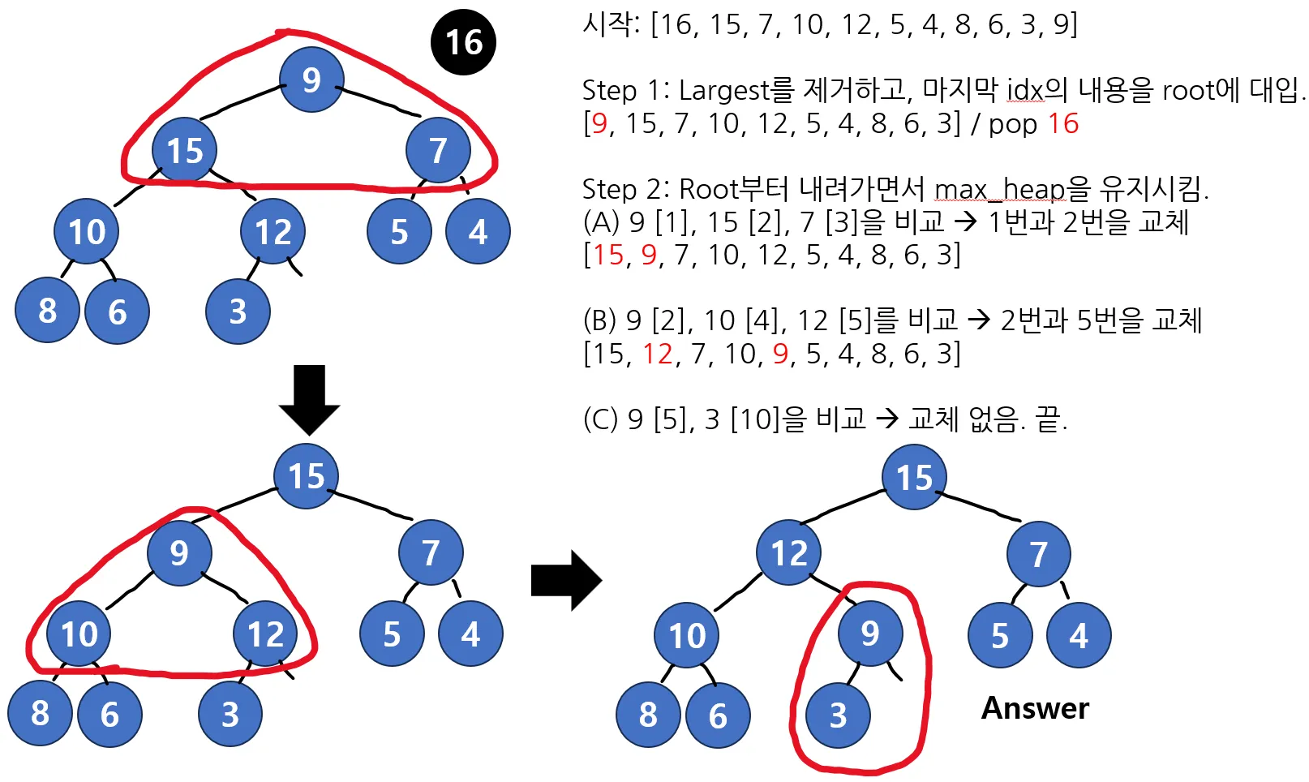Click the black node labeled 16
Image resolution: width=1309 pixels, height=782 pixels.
pyautogui.click(x=463, y=42)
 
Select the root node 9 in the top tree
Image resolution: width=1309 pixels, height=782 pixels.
pyautogui.click(x=311, y=79)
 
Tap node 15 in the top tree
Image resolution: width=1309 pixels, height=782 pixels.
pyautogui.click(x=184, y=151)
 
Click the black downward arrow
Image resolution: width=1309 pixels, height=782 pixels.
pyautogui.click(x=309, y=399)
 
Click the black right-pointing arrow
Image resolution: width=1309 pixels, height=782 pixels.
pyautogui.click(x=566, y=580)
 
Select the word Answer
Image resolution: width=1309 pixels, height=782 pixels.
pyautogui.click(x=1035, y=708)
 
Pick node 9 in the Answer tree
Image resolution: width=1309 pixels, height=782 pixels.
pyautogui.click(x=869, y=634)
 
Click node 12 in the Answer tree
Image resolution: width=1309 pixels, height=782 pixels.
pyautogui.click(x=788, y=553)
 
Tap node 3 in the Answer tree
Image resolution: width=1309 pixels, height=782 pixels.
pyautogui.click(x=838, y=715)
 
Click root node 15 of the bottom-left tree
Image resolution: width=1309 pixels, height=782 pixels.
pyautogui.click(x=306, y=476)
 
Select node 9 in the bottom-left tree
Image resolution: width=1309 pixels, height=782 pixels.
pyautogui.click(x=178, y=553)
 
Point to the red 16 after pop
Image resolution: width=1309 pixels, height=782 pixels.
pyautogui.click(x=1062, y=124)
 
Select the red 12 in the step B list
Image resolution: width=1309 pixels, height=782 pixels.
pyautogui.click(x=658, y=354)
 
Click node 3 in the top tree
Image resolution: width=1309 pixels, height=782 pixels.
pyautogui.click(x=238, y=312)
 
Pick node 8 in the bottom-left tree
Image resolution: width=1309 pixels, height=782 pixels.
pyautogui.click(x=40, y=714)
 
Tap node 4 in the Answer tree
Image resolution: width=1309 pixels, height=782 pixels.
pyautogui.click(x=1078, y=636)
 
